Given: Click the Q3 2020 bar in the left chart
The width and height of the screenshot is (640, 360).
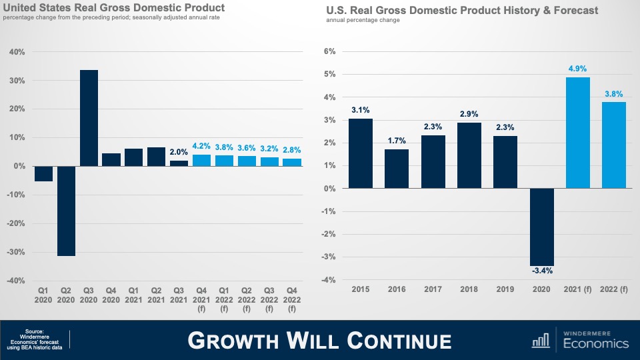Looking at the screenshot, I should [x=89, y=118].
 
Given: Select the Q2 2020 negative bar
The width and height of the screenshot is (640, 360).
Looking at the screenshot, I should [x=66, y=211].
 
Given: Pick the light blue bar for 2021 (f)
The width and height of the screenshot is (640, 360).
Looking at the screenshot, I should [x=578, y=133].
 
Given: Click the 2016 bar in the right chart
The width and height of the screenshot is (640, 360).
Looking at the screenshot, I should [x=397, y=169].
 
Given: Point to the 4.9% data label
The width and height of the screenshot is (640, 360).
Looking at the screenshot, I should [x=578, y=69].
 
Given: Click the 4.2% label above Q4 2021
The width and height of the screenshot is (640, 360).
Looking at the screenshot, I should [x=201, y=146].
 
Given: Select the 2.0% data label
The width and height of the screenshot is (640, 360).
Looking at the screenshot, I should [x=179, y=152].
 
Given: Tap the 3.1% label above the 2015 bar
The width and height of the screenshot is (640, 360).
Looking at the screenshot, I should [x=361, y=110].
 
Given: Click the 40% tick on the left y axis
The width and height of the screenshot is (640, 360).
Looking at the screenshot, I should [x=17, y=52].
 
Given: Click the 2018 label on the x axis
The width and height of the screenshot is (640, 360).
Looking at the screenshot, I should [x=469, y=290].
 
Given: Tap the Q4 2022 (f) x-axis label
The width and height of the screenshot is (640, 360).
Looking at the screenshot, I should [x=292, y=299].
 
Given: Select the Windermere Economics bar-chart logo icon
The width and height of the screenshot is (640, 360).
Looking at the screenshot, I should [x=541, y=341].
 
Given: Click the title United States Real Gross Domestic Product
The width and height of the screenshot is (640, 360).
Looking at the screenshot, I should [x=114, y=8].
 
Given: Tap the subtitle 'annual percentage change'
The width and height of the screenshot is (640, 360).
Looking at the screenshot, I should [x=363, y=20].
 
